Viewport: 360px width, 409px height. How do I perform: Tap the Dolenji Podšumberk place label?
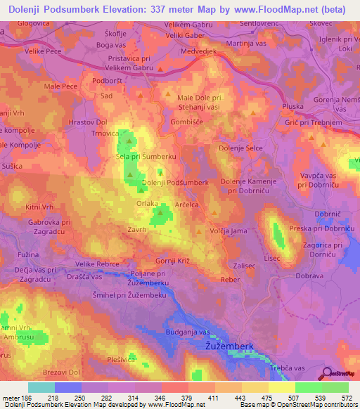click(x=175, y=182)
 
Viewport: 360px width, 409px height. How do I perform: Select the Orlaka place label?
click(x=148, y=203)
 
